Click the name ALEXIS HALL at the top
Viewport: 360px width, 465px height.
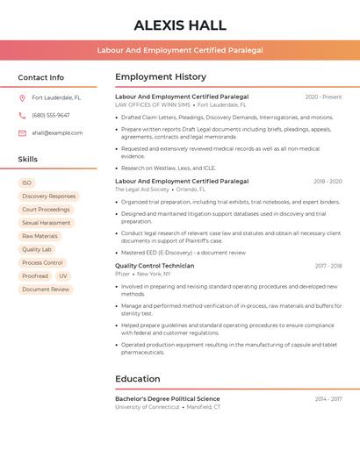tap(180, 25)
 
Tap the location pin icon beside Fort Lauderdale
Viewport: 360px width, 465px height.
tap(22, 98)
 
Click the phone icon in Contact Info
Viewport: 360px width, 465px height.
tap(22, 115)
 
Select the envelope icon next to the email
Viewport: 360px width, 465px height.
tap(22, 133)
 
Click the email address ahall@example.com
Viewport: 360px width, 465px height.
tap(57, 133)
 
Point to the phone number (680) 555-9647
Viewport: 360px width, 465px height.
tap(51, 115)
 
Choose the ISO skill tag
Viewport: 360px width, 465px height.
tap(26, 182)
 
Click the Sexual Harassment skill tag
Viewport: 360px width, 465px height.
tap(47, 223)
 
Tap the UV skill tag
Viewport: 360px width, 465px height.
tap(63, 275)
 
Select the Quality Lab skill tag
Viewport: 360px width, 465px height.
tap(37, 249)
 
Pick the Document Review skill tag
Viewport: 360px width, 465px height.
tap(46, 289)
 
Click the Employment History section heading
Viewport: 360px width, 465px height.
tap(161, 77)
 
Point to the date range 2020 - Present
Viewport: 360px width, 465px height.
tap(323, 97)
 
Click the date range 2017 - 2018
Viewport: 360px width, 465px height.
tap(328, 266)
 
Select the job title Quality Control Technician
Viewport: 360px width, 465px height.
tap(155, 266)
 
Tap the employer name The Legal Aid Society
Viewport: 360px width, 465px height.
tap(142, 189)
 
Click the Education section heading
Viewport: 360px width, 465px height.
tap(137, 379)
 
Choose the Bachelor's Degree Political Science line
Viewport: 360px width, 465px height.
tap(168, 399)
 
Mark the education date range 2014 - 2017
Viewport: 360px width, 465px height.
tap(328, 399)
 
